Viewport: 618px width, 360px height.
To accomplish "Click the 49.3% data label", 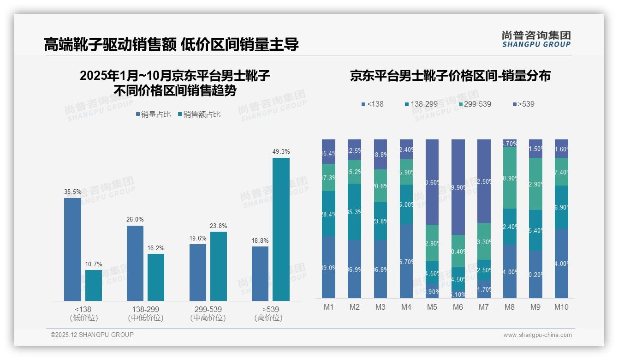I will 281,152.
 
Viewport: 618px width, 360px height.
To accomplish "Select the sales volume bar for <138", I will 72,249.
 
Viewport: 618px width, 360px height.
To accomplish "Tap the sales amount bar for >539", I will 281,229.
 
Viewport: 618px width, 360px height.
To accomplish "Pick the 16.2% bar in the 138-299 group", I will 156,277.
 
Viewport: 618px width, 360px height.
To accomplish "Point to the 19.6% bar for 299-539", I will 198,272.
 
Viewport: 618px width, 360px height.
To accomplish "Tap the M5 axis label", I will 432,307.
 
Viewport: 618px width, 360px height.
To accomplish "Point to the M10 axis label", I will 561,307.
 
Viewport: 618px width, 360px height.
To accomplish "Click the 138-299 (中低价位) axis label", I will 145,313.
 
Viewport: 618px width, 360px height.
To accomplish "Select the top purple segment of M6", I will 458,187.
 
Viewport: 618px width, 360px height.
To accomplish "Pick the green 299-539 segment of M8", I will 510,178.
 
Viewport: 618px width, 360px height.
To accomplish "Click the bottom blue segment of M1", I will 328,267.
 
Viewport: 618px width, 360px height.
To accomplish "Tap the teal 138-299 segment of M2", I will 354,212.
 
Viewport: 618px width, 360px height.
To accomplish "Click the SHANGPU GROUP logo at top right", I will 536,39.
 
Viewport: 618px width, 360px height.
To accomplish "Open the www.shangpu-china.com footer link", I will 537,335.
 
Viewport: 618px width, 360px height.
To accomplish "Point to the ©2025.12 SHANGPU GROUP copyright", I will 92,335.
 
